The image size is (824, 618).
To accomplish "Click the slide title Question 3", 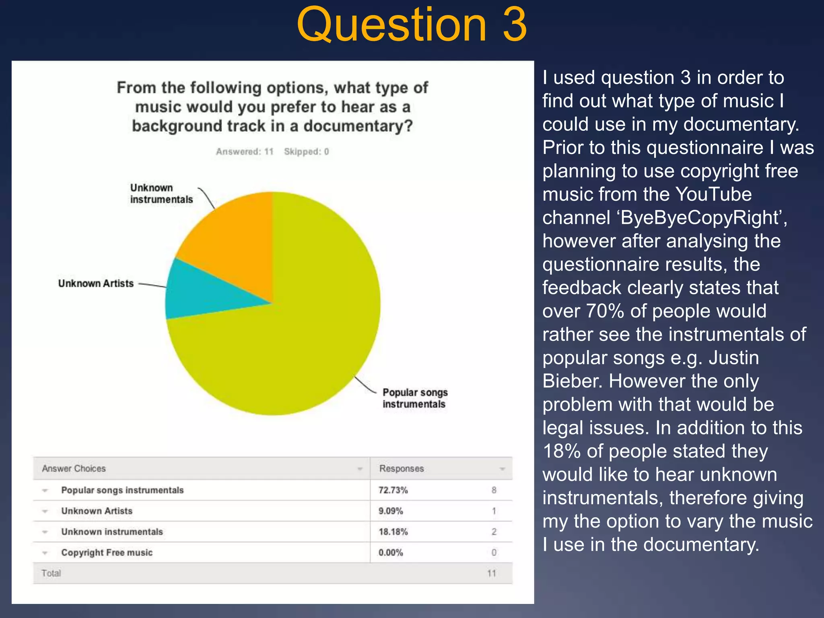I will (412, 25).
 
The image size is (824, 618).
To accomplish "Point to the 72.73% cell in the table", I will (393, 490).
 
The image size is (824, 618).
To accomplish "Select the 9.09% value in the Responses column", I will (391, 511).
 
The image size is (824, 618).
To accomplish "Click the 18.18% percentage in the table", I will (393, 532).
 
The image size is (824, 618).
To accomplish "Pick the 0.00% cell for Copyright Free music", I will (391, 553).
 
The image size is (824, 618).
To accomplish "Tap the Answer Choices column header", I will (74, 469).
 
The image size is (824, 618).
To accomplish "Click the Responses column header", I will (402, 469).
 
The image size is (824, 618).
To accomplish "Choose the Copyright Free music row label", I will (107, 553).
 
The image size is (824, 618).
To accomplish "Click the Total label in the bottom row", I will (51, 573).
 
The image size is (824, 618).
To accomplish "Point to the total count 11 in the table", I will (492, 573).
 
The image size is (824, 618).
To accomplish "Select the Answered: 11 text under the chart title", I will (245, 152).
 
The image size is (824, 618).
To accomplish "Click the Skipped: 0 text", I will (307, 152).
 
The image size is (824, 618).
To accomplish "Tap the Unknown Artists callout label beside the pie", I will (96, 284).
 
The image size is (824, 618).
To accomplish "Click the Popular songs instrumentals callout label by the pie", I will (415, 398).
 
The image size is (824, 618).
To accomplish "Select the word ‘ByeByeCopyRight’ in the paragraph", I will (700, 218).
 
